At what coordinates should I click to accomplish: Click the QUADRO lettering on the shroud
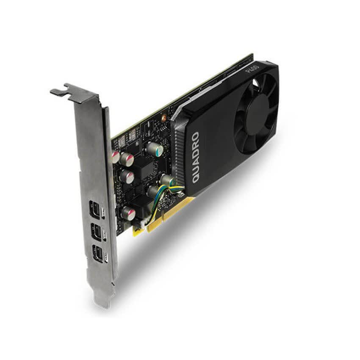[196, 157]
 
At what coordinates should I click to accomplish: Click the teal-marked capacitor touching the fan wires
[166, 180]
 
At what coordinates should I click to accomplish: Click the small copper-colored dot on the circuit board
[163, 115]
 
